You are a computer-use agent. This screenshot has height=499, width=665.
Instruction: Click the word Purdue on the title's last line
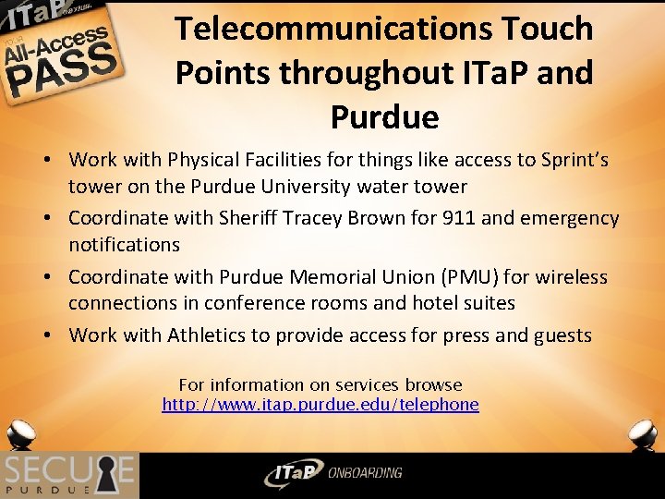[x=383, y=117]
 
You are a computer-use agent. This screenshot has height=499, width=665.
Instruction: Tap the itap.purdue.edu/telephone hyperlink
[x=320, y=405]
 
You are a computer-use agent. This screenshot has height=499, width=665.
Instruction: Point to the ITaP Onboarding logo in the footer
[x=332, y=473]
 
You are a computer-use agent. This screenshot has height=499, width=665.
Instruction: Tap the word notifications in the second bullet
[x=124, y=245]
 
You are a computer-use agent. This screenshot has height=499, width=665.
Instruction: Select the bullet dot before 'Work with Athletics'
[x=44, y=335]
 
